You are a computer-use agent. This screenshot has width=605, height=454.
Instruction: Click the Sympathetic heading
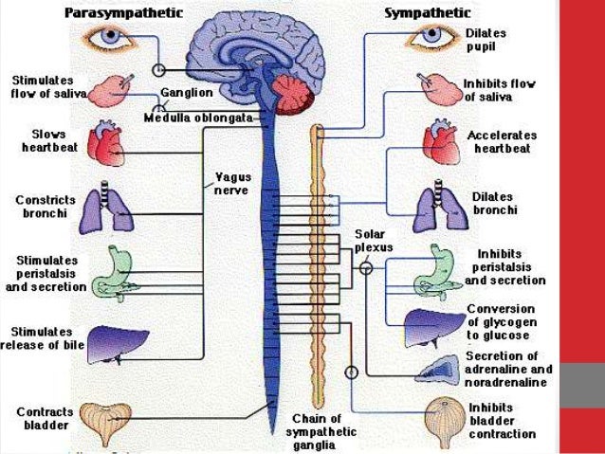427,12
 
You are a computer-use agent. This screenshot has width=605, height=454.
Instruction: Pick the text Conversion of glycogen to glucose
504,322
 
